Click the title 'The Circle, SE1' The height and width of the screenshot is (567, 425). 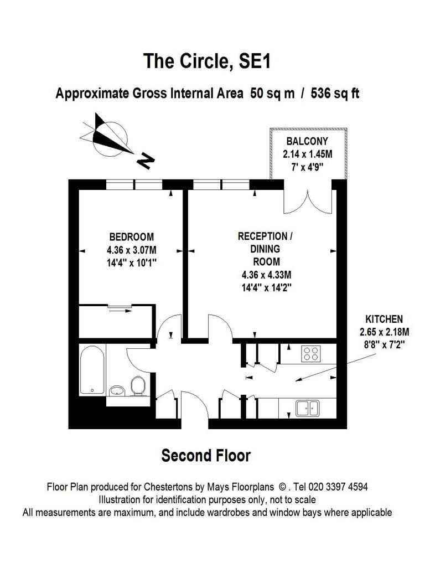pyautogui.click(x=207, y=61)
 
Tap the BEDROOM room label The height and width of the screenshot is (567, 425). pyautogui.click(x=132, y=237)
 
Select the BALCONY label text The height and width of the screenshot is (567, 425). pyautogui.click(x=307, y=141)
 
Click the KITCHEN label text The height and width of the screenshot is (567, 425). pyautogui.click(x=384, y=319)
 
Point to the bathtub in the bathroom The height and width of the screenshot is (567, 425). pyautogui.click(x=92, y=369)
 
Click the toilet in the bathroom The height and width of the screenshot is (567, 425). pyautogui.click(x=138, y=385)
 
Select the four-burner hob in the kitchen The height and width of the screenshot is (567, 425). pyautogui.click(x=311, y=353)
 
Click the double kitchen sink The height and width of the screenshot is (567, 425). pyautogui.click(x=308, y=408)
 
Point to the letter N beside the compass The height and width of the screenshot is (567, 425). pyautogui.click(x=146, y=161)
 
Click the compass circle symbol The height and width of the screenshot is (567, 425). pyautogui.click(x=110, y=139)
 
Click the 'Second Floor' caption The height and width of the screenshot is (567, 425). pyautogui.click(x=206, y=456)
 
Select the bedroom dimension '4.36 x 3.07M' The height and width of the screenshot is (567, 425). pyautogui.click(x=132, y=250)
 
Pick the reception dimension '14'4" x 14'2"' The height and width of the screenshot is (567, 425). pyautogui.click(x=266, y=288)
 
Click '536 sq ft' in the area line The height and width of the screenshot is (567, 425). pyautogui.click(x=335, y=93)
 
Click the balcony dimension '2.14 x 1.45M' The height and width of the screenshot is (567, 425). pyautogui.click(x=308, y=154)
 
